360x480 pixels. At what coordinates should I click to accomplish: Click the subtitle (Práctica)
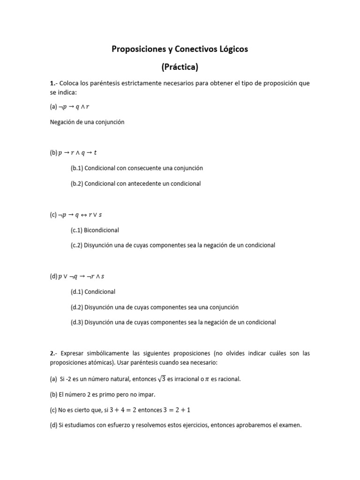180,67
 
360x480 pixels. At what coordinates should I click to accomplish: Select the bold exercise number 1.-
53,83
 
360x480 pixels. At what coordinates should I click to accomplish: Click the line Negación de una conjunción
87,122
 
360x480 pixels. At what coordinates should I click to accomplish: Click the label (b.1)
77,168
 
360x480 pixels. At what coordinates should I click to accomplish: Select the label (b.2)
77,183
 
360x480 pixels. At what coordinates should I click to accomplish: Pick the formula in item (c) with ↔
80,215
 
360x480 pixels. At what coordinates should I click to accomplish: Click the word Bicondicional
101,230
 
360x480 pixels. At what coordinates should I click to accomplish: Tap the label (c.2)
77,245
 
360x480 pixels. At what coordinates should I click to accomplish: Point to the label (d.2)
77,307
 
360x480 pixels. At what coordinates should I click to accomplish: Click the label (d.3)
77,322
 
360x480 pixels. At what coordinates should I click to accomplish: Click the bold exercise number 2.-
53,353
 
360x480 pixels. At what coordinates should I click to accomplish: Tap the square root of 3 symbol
161,378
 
